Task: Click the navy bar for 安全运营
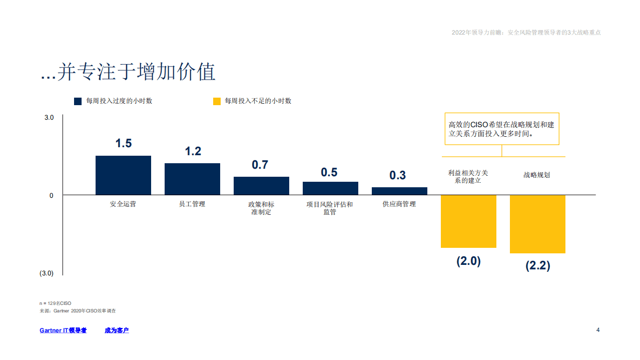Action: click(123, 175)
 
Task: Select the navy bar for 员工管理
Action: click(192, 179)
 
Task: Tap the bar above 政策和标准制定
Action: click(261, 186)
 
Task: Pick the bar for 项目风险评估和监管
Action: click(330, 188)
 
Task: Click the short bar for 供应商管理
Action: click(399, 191)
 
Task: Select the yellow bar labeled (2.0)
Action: click(468, 221)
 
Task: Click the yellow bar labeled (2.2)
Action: click(537, 224)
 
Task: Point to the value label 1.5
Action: click(123, 143)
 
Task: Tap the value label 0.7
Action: click(260, 165)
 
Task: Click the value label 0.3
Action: click(398, 175)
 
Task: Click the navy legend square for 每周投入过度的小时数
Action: click(78, 101)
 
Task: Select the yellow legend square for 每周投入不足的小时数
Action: click(217, 101)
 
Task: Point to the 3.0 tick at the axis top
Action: click(49, 118)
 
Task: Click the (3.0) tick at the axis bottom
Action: click(47, 273)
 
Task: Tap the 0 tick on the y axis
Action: click(52, 195)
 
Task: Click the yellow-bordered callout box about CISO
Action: click(501, 129)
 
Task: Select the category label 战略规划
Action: click(536, 175)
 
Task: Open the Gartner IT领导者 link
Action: click(63, 330)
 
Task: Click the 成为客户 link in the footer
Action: click(117, 330)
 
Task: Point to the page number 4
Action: click(598, 330)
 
